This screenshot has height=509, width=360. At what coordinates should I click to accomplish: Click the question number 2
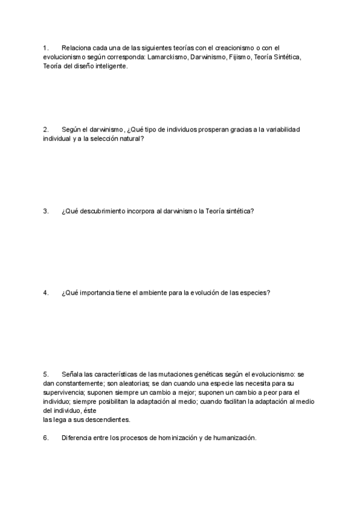(x=46, y=129)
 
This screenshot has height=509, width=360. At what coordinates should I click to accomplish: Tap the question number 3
(x=46, y=211)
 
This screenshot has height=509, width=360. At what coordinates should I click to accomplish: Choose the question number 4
(x=46, y=292)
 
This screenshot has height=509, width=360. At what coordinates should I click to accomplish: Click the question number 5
(x=46, y=374)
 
